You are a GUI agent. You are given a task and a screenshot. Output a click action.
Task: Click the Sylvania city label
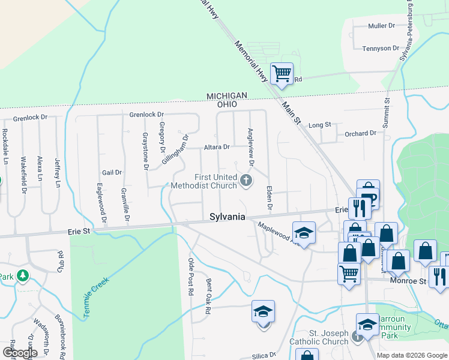coord(228,217)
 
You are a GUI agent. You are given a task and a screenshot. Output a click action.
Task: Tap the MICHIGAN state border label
coord(227,96)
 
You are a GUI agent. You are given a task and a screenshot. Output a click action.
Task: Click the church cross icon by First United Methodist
coord(246,179)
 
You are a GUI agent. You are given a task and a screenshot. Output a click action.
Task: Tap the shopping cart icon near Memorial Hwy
coord(282,74)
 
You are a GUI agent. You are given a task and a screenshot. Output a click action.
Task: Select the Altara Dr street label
coord(217,147)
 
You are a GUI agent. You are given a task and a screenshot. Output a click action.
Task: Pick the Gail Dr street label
coord(112,172)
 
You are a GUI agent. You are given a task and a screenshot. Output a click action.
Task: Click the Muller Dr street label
coord(381,26)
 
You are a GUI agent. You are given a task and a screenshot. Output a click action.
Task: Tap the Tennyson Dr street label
coord(381,48)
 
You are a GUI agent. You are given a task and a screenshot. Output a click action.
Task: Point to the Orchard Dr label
coord(360,133)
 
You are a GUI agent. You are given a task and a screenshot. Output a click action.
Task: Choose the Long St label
coord(319,125)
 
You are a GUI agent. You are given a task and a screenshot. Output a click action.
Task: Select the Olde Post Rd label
coord(191,275)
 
